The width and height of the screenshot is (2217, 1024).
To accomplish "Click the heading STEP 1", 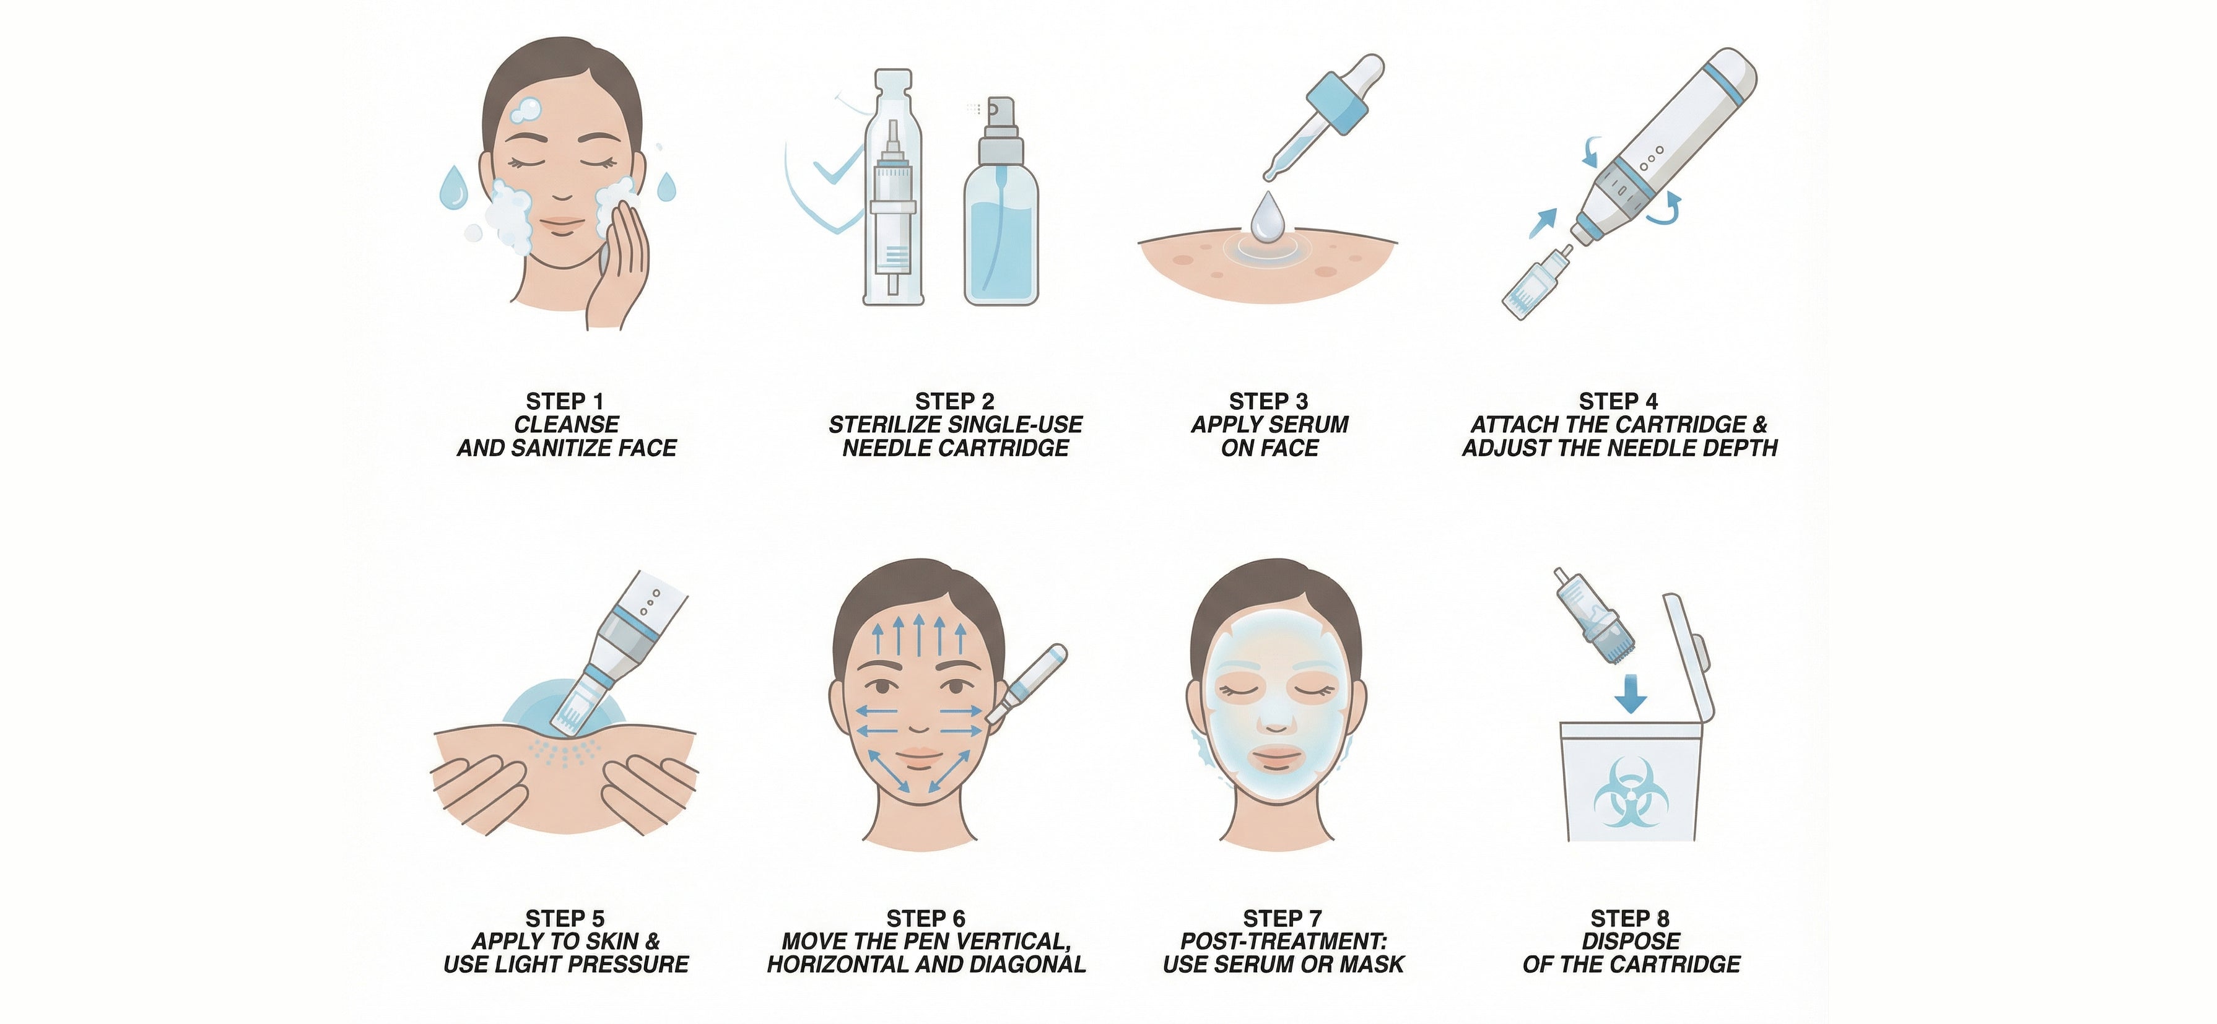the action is point(565,401).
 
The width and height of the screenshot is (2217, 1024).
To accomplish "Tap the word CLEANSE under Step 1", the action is point(566,424).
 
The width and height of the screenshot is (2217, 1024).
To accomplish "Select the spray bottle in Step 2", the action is point(1001,201).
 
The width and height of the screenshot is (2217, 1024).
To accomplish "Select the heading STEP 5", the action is point(565,918).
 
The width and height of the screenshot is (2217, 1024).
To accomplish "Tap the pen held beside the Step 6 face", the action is point(1027,684).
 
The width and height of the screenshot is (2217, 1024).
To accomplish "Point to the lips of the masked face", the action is point(1278,759).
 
